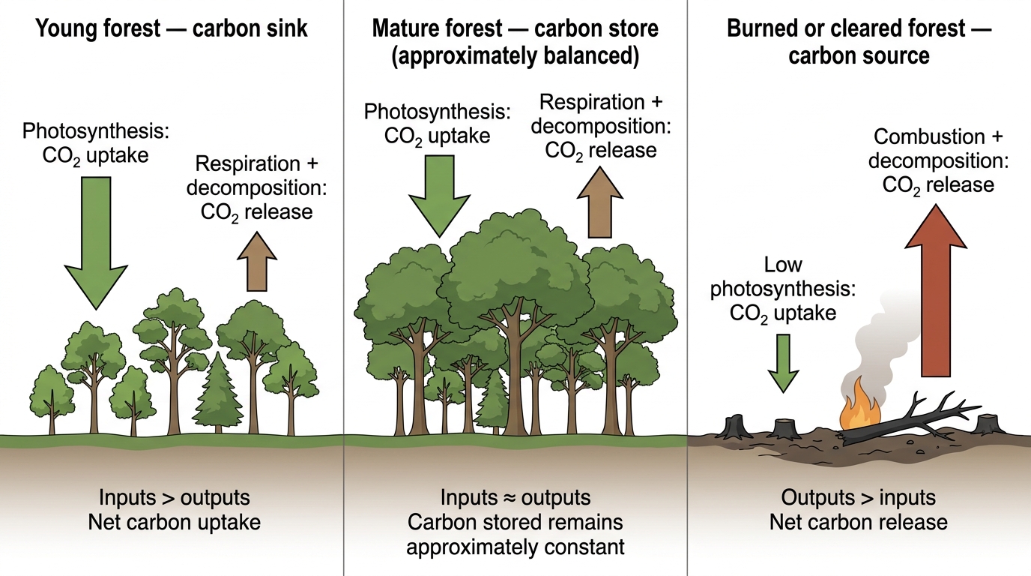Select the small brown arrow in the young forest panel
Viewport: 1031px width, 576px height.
tap(257, 262)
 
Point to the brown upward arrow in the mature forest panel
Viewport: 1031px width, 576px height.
tap(600, 202)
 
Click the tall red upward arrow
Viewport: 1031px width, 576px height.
tap(936, 290)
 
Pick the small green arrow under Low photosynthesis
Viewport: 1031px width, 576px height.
tap(783, 363)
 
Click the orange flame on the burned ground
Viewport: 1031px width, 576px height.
tap(859, 406)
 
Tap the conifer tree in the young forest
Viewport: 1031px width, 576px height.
tap(218, 391)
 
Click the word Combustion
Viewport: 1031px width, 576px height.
tap(929, 136)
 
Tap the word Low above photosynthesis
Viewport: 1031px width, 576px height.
tap(783, 265)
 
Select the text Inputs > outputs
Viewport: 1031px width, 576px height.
tap(175, 498)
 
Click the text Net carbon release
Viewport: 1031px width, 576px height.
tap(859, 522)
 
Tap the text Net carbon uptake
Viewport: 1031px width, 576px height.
tap(175, 523)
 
